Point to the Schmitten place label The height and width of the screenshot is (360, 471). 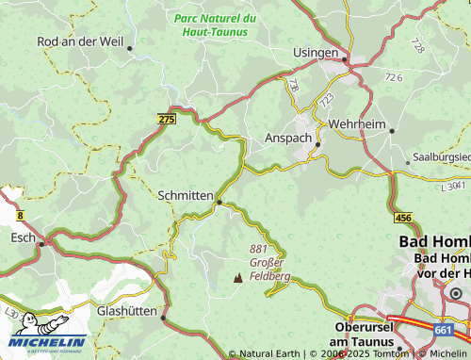(x=187, y=195)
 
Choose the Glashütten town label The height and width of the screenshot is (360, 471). (x=127, y=310)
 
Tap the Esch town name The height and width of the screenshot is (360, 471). (x=22, y=238)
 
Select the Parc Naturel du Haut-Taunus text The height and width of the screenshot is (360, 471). (x=215, y=25)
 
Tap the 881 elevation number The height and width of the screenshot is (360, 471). (x=259, y=248)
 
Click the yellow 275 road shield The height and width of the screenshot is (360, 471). (x=167, y=118)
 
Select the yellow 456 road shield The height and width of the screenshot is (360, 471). (x=404, y=218)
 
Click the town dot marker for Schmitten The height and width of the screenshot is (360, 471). (x=219, y=201)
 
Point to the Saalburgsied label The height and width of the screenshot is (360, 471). (x=442, y=157)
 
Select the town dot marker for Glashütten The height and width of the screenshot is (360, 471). (x=164, y=318)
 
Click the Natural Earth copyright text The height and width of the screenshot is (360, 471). (x=269, y=354)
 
